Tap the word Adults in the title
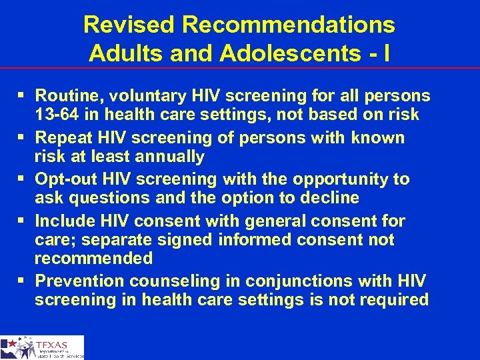click(121, 53)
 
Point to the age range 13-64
click(58, 115)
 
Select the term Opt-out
click(63, 179)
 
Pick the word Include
click(63, 221)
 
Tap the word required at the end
click(394, 299)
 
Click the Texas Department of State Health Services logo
click(42, 347)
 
